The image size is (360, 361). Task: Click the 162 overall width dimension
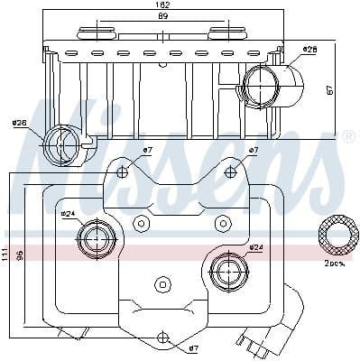click(162, 5)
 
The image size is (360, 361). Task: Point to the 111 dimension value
click(6, 256)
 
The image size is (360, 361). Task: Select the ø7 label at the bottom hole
click(193, 347)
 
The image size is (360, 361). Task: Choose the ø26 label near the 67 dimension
click(309, 49)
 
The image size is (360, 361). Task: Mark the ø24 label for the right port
click(255, 247)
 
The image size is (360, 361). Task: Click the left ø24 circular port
click(93, 240)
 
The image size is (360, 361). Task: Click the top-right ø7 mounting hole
click(230, 171)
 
